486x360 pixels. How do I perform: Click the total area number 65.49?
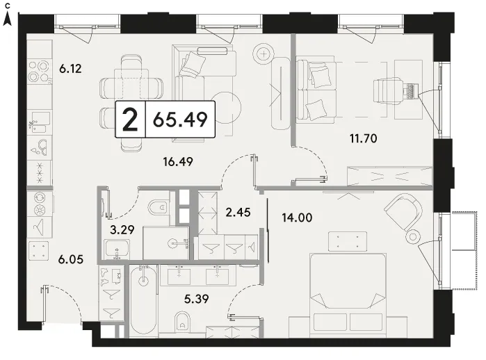pos(180,120)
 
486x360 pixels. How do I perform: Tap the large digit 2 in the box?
pos(130,120)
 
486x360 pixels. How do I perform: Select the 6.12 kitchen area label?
pos(70,69)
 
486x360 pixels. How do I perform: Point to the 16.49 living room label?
pos(178,161)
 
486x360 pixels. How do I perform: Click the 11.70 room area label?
pos(363,138)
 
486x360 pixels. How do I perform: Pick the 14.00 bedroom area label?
pos(297,218)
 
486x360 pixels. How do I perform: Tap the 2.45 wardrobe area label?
pos(238,212)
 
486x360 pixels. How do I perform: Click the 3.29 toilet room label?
pos(122,229)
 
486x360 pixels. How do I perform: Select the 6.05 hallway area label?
pos(71,259)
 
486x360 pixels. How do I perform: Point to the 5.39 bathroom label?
pos(196,299)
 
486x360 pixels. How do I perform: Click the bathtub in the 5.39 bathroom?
pos(143,301)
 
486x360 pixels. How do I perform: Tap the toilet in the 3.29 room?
pos(158,207)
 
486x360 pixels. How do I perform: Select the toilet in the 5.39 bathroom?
pos(182,321)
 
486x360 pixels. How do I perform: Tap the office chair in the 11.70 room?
pos(389,90)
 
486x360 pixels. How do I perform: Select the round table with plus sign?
pos(264,54)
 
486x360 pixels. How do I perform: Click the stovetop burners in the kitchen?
pos(40,72)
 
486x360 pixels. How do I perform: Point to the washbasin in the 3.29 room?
pos(117,249)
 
